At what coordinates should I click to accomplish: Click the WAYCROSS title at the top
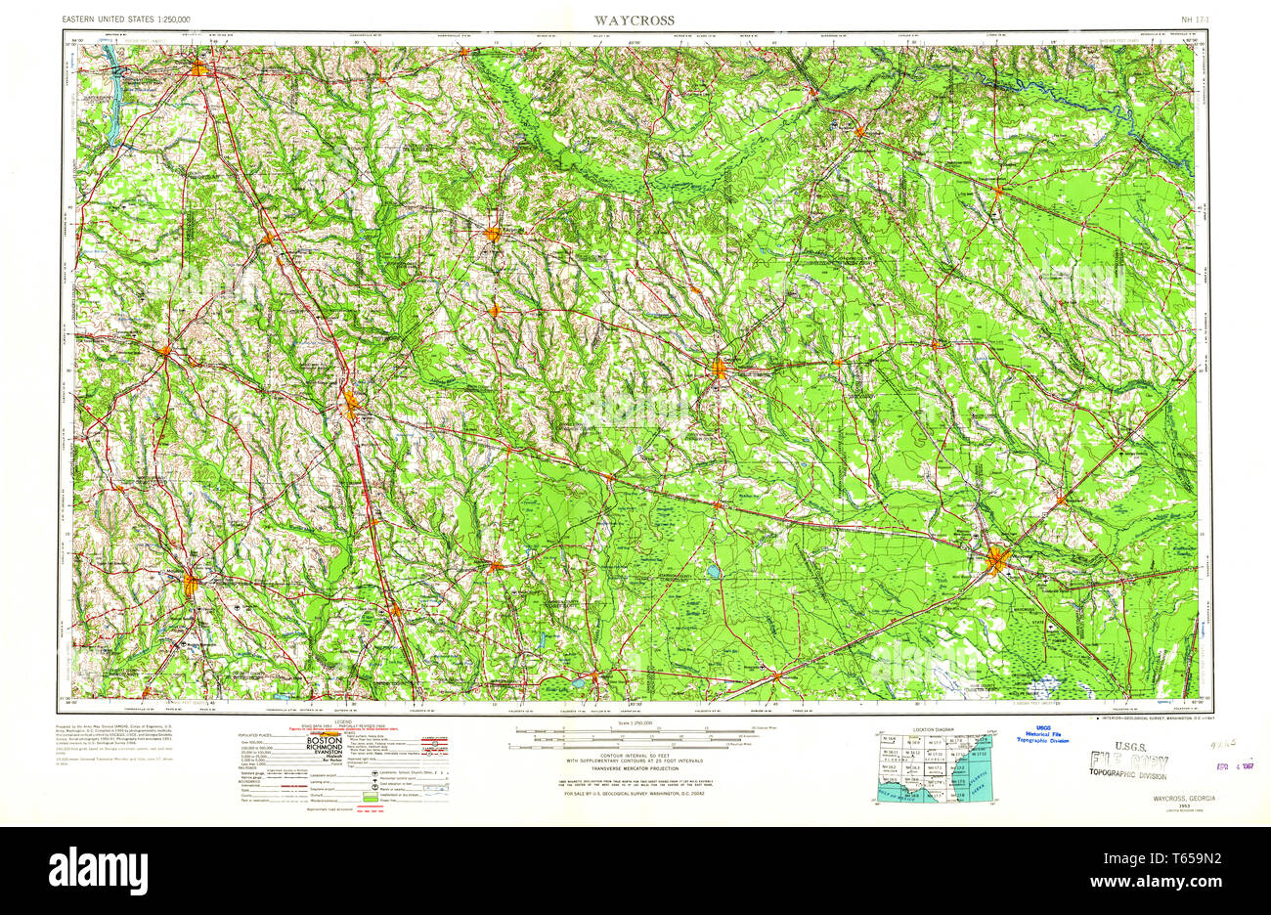633,20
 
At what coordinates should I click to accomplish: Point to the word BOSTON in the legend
324,742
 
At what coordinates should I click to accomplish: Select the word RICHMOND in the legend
324,752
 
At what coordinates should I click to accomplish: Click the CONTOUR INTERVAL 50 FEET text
633,755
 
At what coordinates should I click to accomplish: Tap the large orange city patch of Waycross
997,561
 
